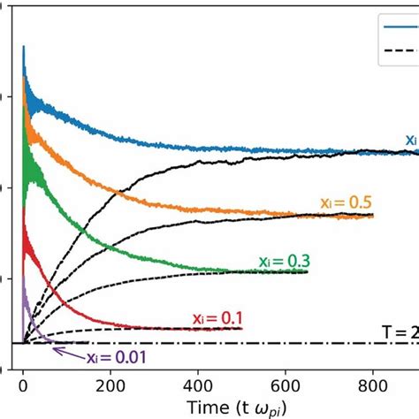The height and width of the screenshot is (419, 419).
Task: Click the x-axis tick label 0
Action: tap(23, 385)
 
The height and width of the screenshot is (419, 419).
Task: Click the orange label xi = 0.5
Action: tap(347, 202)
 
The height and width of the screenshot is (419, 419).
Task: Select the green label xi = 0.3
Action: tap(284, 261)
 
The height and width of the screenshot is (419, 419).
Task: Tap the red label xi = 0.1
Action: tap(217, 317)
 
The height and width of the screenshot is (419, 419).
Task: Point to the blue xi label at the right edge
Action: tap(411, 139)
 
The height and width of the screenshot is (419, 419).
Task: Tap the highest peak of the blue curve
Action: tap(23, 46)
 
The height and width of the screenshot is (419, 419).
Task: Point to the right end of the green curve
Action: tap(307, 271)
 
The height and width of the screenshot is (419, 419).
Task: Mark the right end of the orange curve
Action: tap(373, 216)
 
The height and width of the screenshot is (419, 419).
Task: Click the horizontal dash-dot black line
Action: tap(265, 343)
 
